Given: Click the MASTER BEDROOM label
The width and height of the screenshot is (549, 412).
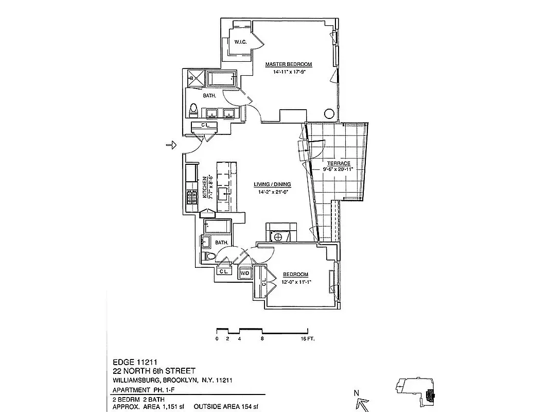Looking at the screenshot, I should [288, 64].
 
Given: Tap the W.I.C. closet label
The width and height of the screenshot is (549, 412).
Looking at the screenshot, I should [240, 42].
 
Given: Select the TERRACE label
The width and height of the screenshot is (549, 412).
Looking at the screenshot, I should [338, 163].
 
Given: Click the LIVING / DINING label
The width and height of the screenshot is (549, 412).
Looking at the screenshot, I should [272, 184].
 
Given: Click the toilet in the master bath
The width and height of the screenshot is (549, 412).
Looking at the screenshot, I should [193, 109].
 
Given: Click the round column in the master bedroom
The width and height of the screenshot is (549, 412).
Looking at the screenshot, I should [329, 114].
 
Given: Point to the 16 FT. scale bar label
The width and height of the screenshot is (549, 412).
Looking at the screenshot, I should [307, 339].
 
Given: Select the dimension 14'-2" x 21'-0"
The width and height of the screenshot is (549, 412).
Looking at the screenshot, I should [272, 193].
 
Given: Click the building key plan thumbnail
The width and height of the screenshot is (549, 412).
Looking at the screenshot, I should [415, 389].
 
